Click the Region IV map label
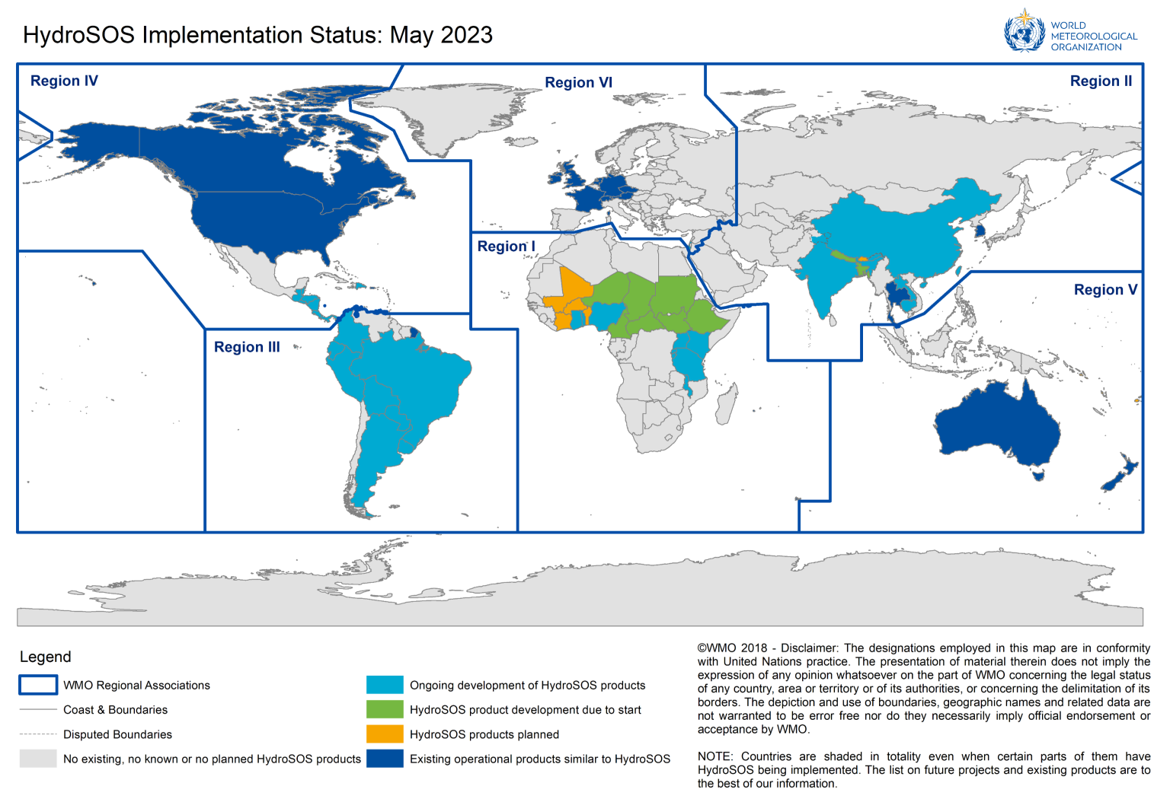point(64,81)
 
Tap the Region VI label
point(578,82)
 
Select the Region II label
point(1101,81)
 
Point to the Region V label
point(1105,289)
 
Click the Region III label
point(247,347)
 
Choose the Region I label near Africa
point(506,246)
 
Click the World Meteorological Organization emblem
point(1025,32)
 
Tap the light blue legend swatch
point(385,685)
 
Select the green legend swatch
point(385,709)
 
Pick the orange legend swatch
point(385,734)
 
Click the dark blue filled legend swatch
point(385,759)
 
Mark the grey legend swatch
point(38,759)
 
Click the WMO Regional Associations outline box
point(38,685)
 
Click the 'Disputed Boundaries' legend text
point(117,734)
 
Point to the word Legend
point(45,657)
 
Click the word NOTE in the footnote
point(714,756)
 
